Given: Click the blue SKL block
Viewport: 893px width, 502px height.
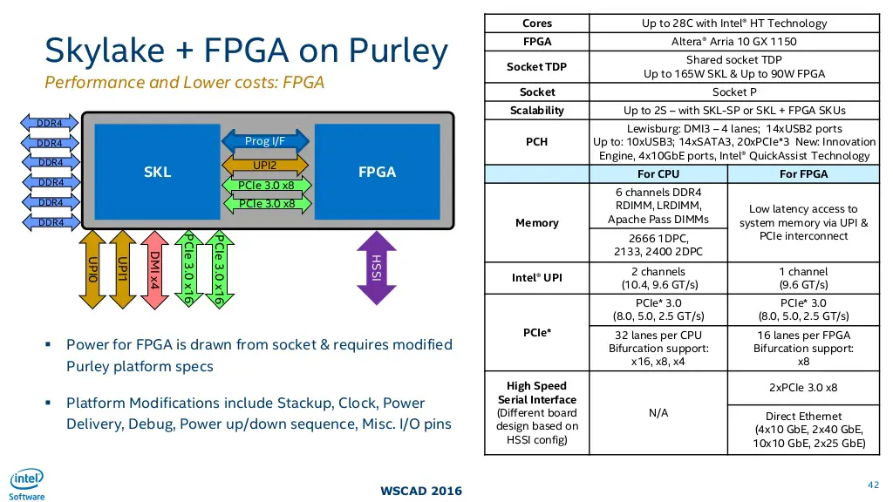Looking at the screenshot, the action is click(157, 172).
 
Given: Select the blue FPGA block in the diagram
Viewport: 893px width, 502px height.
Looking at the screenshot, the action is click(377, 172).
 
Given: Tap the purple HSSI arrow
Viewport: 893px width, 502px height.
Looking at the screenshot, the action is click(377, 268).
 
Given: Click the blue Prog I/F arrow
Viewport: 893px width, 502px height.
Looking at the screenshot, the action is click(265, 141).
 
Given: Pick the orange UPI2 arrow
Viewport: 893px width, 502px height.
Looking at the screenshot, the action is click(265, 165).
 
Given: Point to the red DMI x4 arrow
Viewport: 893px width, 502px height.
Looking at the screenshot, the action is click(153, 270).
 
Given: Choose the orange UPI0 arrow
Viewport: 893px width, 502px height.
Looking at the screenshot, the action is click(92, 270).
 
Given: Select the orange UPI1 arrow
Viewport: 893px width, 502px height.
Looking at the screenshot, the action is click(122, 270).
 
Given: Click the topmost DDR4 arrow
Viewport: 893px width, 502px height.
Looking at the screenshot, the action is click(50, 123).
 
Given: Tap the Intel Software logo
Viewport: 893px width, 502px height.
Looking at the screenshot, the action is click(26, 485).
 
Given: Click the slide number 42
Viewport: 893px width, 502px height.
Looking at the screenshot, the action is click(874, 485).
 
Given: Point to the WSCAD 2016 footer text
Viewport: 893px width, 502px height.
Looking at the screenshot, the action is click(421, 491).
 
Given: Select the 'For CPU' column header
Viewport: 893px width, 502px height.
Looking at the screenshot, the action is click(658, 174).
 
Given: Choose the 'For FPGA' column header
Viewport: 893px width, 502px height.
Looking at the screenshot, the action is click(803, 174).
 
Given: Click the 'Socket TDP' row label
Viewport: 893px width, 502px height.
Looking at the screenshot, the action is click(536, 67).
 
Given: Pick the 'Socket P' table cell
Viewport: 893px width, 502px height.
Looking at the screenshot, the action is click(734, 92).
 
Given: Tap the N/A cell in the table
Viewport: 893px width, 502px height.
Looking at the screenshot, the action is click(658, 412).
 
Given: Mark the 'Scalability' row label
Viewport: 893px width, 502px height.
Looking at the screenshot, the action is click(536, 111).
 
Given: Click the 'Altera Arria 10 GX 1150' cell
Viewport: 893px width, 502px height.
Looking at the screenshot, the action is click(734, 42).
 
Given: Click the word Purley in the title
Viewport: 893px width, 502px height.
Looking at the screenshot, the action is click(399, 51).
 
